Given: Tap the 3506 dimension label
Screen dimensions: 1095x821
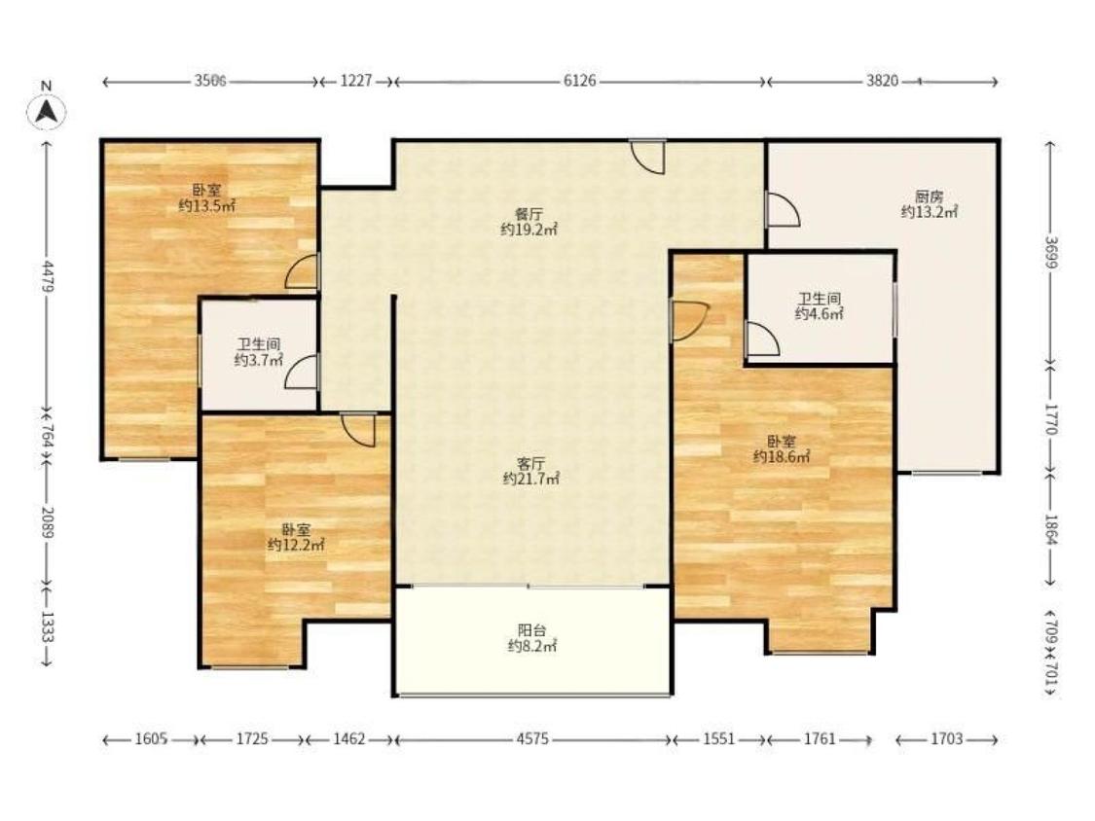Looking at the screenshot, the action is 210,81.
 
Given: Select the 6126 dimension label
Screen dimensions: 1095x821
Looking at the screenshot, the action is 580,81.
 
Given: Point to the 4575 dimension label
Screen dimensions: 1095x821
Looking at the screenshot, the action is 532,738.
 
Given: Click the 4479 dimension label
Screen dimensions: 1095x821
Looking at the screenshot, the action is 47,276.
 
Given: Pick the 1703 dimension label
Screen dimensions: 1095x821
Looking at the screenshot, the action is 946,738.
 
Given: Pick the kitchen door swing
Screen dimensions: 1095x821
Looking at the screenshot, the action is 783,209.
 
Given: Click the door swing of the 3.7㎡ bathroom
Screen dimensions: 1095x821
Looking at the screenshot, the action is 303,372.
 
